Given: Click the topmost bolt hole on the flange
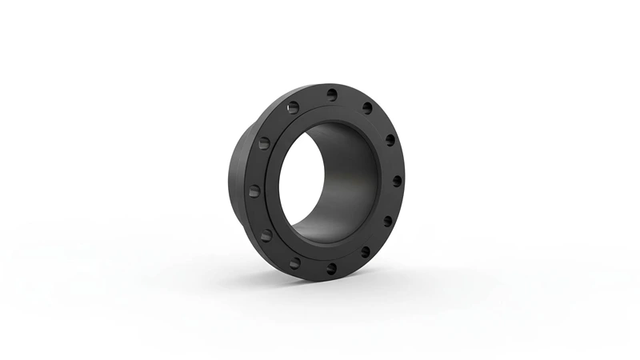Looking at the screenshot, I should coord(331,94).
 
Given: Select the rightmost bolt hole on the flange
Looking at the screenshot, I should coord(397,181).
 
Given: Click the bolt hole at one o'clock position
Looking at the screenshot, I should coord(367,108).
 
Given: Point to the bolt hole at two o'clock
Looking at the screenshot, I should coord(390,140).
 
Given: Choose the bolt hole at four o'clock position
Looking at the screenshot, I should coord(387,221).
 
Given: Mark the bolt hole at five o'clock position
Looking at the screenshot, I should coord(365,252).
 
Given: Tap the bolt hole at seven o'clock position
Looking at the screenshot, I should coord(294,262).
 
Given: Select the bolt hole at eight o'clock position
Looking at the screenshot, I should coord(266,235).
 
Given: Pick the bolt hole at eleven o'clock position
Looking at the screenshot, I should coord(293,107).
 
